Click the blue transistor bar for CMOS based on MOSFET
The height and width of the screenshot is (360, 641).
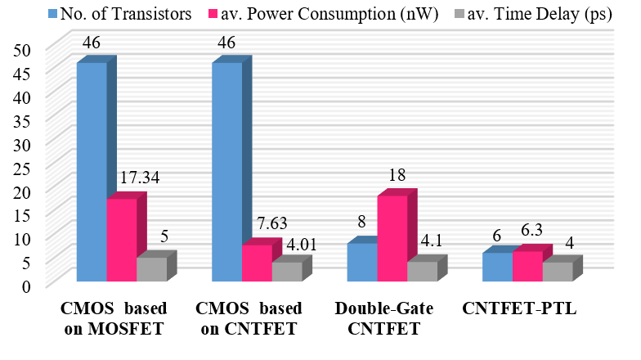coord(92,172)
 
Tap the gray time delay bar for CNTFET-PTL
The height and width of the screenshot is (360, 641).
coord(557,272)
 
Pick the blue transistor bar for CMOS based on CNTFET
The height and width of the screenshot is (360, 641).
coord(226,172)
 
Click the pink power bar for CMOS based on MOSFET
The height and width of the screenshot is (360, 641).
coord(121,241)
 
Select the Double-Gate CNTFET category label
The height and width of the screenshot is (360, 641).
coord(383,319)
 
